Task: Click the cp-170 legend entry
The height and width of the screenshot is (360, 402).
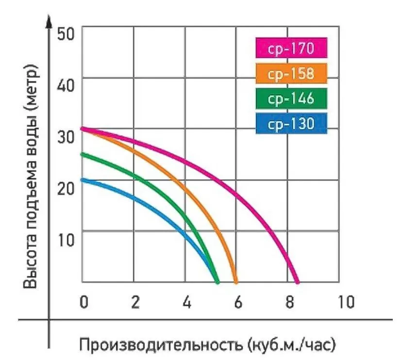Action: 291,49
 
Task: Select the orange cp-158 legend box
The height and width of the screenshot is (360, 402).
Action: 291,74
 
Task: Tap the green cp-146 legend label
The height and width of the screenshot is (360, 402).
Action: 291,99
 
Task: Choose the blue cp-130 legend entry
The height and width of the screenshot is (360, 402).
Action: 291,124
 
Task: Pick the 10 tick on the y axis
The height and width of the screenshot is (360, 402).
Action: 67,239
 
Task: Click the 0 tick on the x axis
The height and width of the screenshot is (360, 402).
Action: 84,302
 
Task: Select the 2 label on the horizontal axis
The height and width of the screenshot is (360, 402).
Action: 135,302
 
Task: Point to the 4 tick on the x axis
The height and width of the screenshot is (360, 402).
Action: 186,302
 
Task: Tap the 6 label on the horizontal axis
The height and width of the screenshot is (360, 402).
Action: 238,302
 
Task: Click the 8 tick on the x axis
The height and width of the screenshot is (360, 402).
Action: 289,302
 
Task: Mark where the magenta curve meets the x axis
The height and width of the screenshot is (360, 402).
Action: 297,281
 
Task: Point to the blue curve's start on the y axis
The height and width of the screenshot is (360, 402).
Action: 83,180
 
